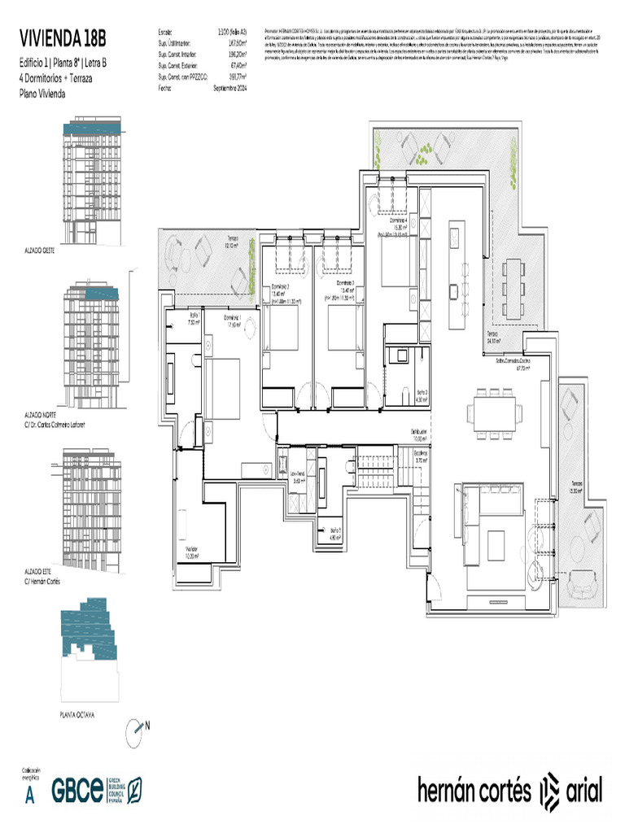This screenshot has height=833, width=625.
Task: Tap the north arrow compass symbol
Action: [136, 733]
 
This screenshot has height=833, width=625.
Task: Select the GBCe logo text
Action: [77, 789]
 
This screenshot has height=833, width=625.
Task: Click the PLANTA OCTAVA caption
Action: [77, 715]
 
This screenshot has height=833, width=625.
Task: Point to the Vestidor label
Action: [192, 550]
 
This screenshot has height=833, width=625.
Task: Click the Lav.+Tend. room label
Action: [298, 479]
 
